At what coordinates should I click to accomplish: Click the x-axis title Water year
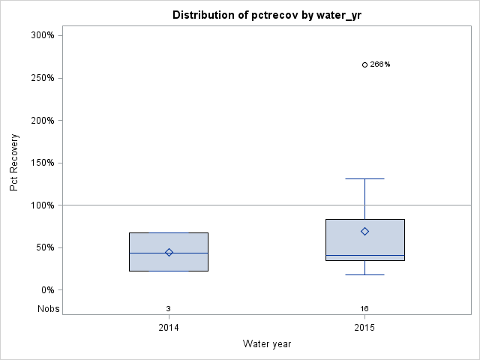pos(266,344)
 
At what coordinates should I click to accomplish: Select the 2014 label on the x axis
pos(168,328)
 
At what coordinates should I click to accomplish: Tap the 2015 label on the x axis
pos(364,328)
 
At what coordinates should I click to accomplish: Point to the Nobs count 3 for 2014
pos(168,308)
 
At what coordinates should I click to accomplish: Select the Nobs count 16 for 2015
pos(364,308)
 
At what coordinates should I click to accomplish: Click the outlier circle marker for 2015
pos(364,64)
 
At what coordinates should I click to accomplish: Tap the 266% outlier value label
pos(380,64)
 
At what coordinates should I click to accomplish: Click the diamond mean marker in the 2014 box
pos(169,253)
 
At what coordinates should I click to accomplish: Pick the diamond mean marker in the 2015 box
pos(364,231)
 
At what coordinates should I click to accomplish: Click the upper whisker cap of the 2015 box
pos(364,178)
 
